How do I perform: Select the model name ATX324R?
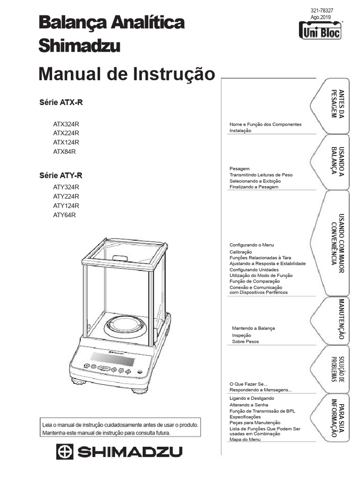66,124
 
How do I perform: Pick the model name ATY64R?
64,215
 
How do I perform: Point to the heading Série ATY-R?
60,176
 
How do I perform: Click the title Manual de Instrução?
127,74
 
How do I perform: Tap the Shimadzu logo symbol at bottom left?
65,452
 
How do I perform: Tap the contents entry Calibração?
240,252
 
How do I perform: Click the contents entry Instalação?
240,131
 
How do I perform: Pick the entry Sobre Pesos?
245,342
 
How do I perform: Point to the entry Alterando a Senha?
249,404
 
